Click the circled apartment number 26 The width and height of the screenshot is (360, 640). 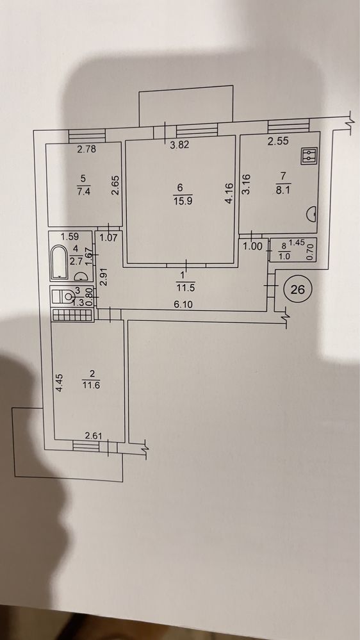click(x=298, y=289)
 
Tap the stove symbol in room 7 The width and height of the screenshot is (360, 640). click(x=309, y=156)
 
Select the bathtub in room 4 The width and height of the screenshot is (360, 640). click(x=60, y=262)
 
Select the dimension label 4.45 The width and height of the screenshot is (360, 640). click(x=59, y=383)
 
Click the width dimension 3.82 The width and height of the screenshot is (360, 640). click(x=179, y=145)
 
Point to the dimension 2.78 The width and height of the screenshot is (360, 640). click(x=86, y=149)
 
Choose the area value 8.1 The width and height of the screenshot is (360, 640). click(x=282, y=190)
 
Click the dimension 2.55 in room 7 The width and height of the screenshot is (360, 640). click(x=278, y=141)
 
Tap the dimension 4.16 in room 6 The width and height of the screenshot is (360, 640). click(x=229, y=193)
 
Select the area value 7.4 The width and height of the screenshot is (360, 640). click(x=83, y=191)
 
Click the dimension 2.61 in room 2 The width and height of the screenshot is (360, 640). click(x=93, y=436)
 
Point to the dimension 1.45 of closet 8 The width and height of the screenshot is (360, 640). click(x=296, y=243)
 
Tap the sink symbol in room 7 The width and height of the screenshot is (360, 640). click(x=312, y=213)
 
